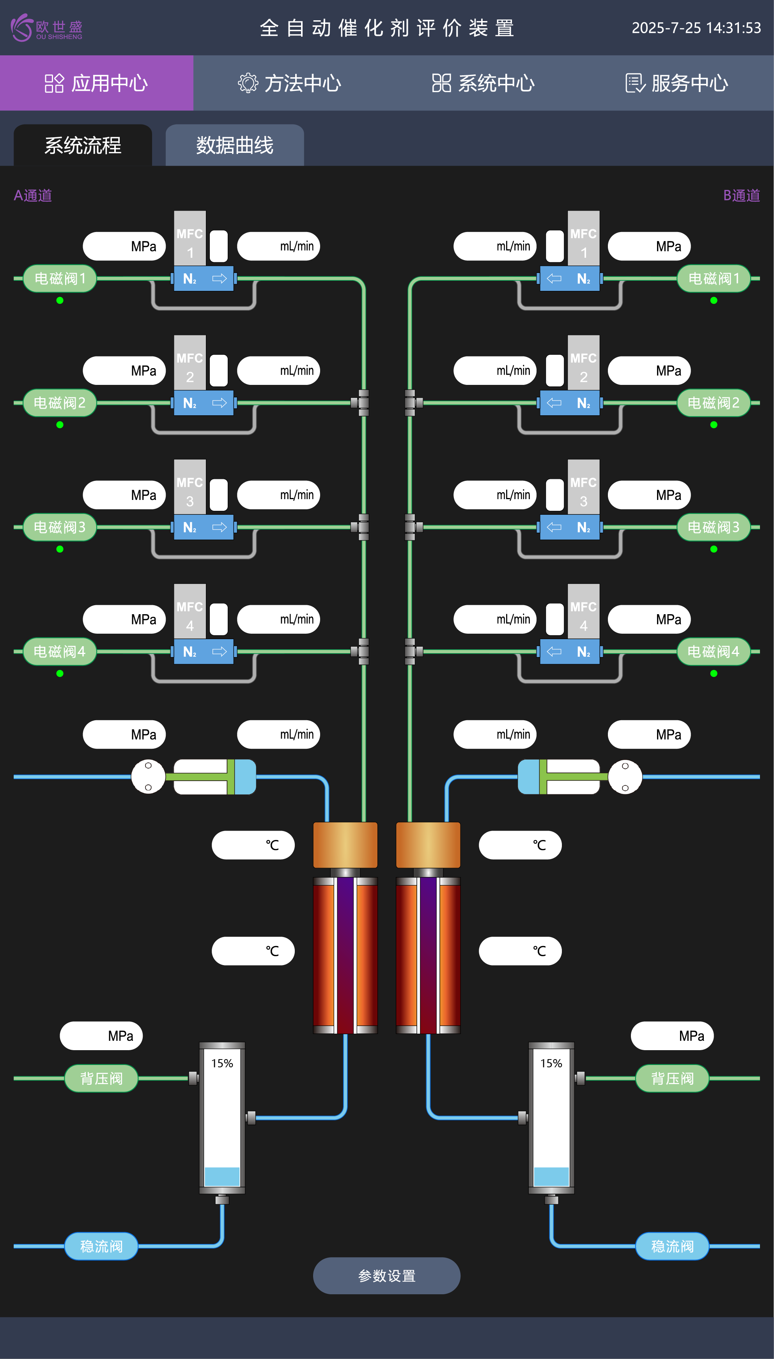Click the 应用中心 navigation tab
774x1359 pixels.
point(96,83)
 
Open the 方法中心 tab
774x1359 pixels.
point(290,83)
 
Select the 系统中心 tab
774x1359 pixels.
point(483,83)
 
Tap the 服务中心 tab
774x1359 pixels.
point(677,83)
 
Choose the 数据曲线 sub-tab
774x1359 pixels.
point(234,145)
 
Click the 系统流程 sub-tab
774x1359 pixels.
point(83,145)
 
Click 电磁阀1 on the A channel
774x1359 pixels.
point(60,278)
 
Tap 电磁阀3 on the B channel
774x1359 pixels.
point(714,527)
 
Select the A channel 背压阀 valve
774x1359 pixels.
point(101,1078)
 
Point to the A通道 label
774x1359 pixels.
point(33,196)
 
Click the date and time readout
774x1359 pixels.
point(696,28)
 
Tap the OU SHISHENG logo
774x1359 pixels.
point(47,28)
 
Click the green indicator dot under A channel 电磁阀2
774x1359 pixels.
point(60,425)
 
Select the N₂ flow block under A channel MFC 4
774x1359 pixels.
point(204,652)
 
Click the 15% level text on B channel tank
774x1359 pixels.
point(551,1063)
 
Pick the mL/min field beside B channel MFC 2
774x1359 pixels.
point(495,370)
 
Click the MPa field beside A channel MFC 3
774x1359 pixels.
point(124,495)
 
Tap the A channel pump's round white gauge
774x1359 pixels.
point(148,776)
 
